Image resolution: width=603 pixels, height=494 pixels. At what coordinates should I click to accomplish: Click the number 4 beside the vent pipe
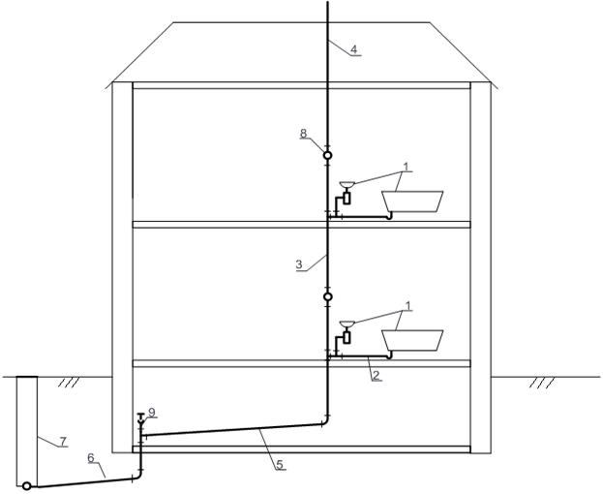click(x=353, y=48)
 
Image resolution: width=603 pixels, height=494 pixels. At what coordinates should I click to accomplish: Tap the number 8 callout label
click(x=303, y=134)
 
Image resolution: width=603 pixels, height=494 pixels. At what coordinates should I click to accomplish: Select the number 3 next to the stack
click(x=299, y=263)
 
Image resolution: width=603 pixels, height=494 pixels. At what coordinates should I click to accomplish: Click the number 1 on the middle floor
click(x=408, y=306)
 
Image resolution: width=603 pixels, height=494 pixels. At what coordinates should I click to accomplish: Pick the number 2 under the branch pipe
click(x=375, y=374)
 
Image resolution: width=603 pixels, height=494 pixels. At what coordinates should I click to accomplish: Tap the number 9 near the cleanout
click(x=152, y=412)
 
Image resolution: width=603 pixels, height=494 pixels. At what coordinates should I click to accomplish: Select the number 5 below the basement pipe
click(x=280, y=465)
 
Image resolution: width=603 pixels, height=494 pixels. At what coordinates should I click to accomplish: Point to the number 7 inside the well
click(x=63, y=442)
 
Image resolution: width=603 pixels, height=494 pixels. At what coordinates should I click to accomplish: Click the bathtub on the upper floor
click(x=413, y=201)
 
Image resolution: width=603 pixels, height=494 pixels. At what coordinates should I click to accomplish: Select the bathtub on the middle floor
click(x=413, y=340)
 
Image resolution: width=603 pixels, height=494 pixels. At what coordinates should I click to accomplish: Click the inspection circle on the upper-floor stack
click(x=327, y=154)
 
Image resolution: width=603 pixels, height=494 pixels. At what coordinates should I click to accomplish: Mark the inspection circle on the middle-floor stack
click(x=327, y=296)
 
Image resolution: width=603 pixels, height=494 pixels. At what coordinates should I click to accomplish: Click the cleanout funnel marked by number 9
click(x=141, y=417)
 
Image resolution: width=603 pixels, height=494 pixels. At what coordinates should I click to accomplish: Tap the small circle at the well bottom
click(x=26, y=485)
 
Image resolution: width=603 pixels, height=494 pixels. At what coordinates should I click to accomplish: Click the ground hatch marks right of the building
click(x=543, y=383)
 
